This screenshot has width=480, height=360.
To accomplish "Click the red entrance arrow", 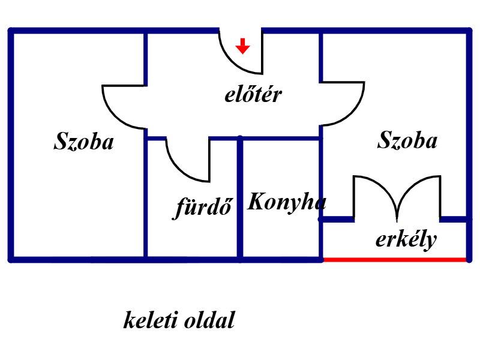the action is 243,46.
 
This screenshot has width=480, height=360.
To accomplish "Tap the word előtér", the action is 253,94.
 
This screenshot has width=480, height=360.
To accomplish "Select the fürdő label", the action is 203,207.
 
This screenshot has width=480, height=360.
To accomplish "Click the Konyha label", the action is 287,203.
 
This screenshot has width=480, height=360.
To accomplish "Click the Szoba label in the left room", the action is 84,141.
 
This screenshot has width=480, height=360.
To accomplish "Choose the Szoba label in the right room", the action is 407,140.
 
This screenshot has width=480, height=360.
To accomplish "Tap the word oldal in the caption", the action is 209,320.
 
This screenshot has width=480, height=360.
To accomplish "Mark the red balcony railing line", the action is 395,260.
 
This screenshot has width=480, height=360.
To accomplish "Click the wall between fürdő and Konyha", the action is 240,199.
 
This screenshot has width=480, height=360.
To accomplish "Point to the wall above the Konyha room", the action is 281,139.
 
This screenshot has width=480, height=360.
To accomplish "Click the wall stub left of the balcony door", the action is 337,219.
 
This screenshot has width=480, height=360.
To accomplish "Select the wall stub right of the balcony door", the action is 454,219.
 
